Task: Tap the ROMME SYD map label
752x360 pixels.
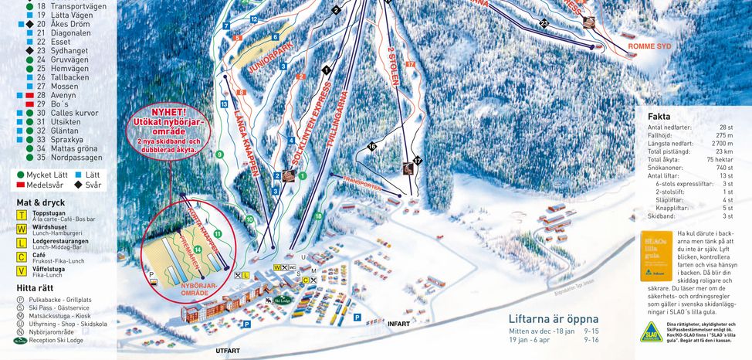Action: coord(649,46)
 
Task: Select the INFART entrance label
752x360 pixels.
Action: coord(398,323)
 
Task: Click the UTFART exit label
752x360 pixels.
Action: coord(228,351)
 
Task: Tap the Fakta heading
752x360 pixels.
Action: coord(659,116)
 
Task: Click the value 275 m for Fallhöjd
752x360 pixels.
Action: coord(723,135)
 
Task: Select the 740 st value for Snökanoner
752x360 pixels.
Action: coord(723,168)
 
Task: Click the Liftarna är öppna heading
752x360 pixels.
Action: coord(554,318)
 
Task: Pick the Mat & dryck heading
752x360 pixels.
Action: coord(42,202)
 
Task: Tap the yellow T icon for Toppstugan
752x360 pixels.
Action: coord(22,216)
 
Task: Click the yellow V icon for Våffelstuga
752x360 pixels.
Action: coord(22,270)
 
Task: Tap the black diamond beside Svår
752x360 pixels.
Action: coord(78,185)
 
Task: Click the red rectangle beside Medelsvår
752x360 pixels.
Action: coord(20,185)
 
